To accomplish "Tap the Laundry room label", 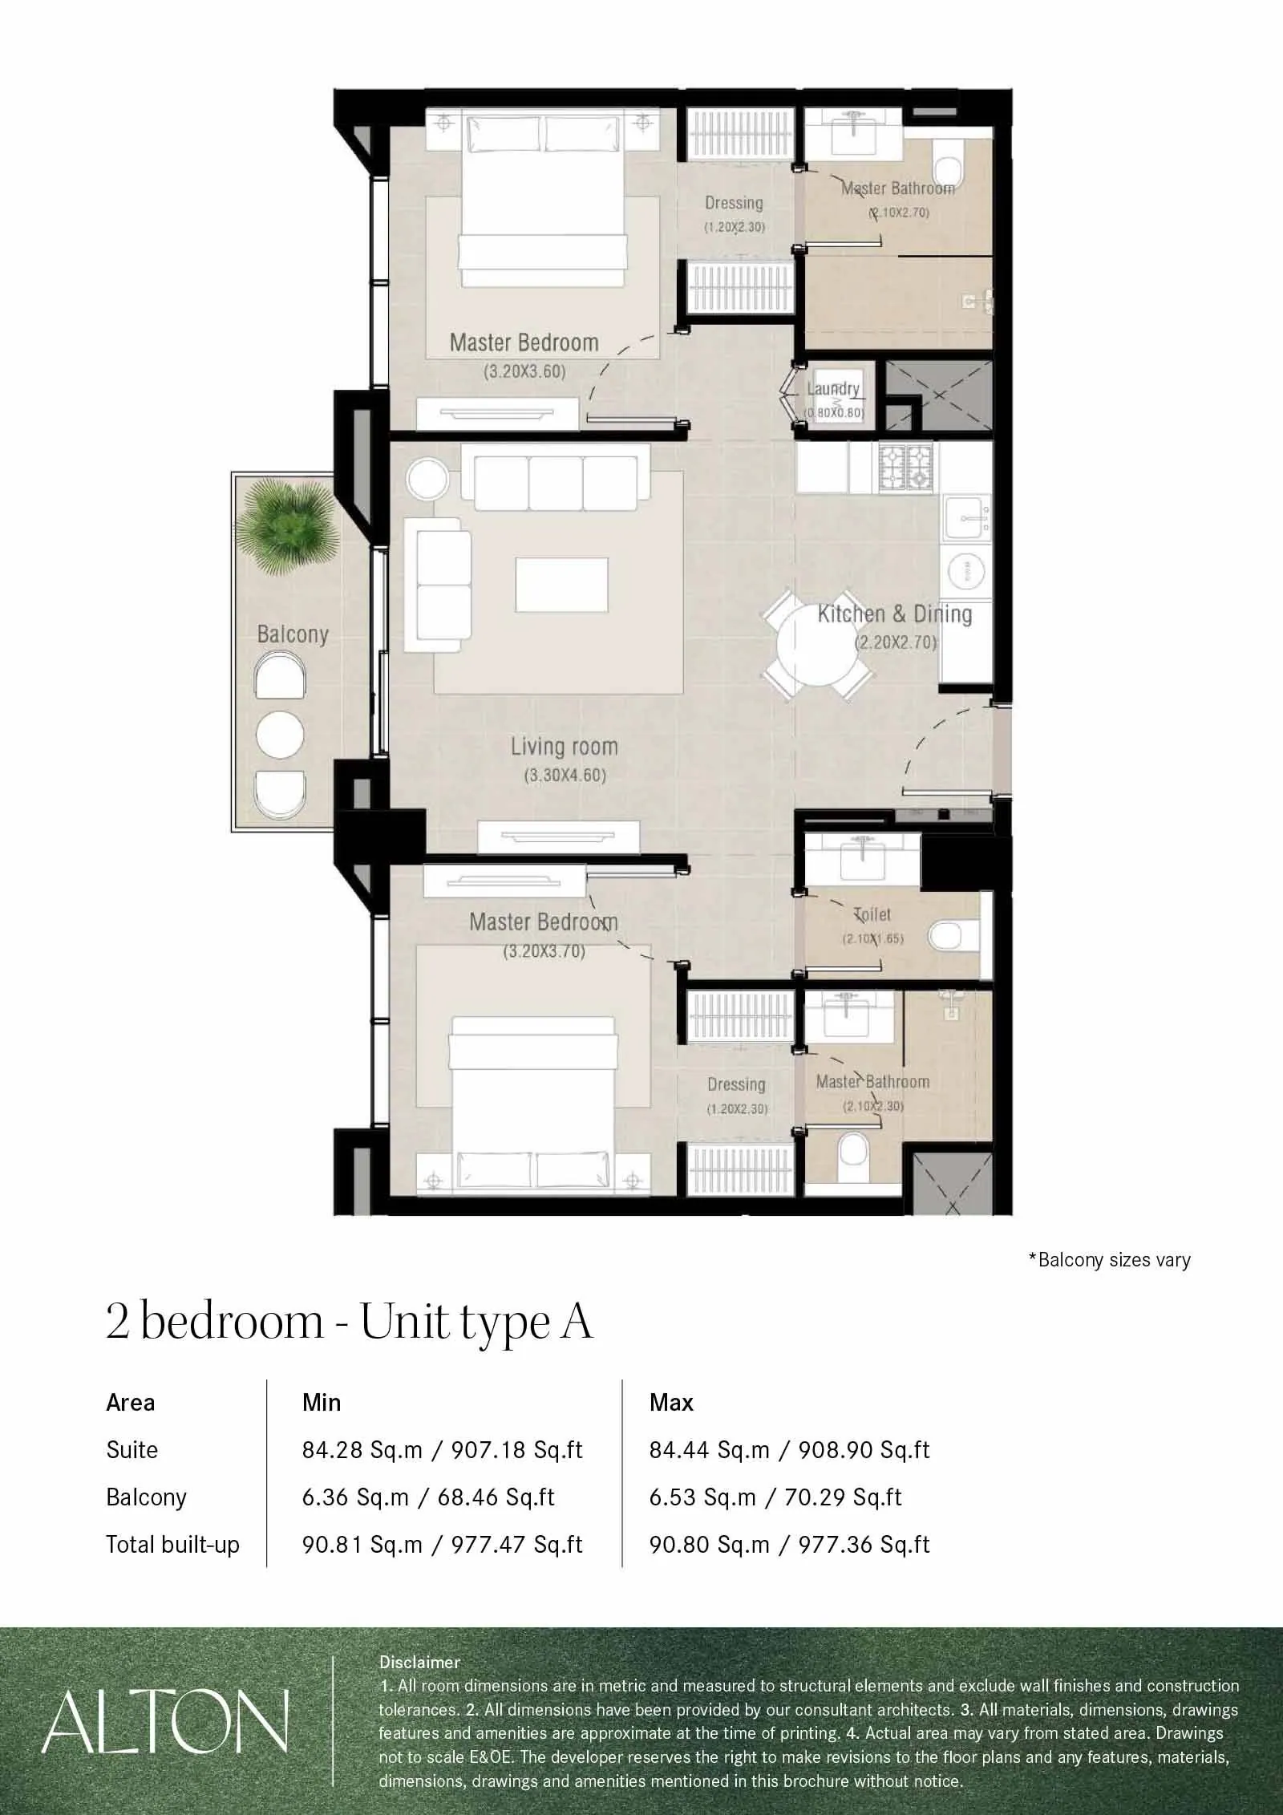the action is coord(833,389).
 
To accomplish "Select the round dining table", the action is coord(816,646).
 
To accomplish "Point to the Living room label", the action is coord(565,747).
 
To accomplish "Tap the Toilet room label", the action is coord(872,914).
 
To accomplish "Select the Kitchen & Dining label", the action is coord(895,614).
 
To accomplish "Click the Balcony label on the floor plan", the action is coord(293,634).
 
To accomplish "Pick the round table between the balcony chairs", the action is coord(280,733).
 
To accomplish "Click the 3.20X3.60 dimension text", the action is coord(524,372).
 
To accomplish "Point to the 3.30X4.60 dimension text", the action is coord(565,776).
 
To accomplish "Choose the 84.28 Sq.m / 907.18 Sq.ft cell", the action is coord(442,1450).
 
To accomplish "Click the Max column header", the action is coord(671,1403).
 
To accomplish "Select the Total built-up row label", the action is coord(173,1545).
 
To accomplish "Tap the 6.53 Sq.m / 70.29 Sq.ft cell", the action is coord(775,1497).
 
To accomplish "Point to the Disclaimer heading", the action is coord(420,1663).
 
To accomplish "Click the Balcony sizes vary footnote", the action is coord(1109,1260).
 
